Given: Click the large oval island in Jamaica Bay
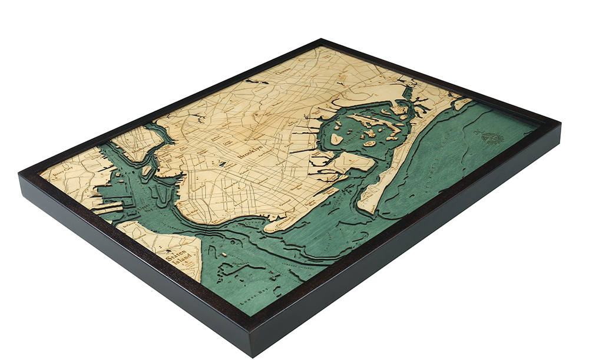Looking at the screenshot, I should point(336,139).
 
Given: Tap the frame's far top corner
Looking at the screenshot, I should point(322,40).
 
